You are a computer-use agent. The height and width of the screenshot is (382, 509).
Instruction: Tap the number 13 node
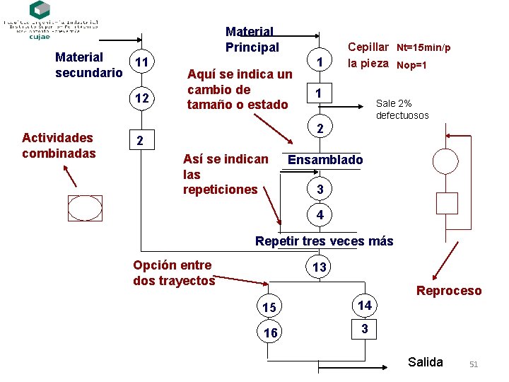tap(320, 267)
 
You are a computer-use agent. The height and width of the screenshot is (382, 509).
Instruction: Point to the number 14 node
tap(364, 306)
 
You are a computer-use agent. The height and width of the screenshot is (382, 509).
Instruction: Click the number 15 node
tap(269, 308)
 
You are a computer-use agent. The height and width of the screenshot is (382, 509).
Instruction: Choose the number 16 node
tap(269, 333)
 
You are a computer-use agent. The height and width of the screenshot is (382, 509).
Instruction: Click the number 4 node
tap(320, 214)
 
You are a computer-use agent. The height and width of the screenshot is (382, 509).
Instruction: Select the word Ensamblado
tap(325, 160)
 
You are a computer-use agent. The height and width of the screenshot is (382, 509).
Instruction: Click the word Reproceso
tap(449, 291)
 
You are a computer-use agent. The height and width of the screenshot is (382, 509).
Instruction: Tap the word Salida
tap(426, 362)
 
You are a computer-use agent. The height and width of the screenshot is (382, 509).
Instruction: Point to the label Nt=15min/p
tap(423, 48)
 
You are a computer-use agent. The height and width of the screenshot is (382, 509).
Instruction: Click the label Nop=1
tap(411, 65)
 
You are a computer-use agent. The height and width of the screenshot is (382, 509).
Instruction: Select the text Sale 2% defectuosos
tap(402, 109)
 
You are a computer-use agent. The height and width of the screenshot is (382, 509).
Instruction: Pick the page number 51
tap(474, 364)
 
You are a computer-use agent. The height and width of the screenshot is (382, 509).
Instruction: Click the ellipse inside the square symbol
tap(86, 209)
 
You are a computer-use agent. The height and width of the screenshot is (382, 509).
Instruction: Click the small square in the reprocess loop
tap(447, 203)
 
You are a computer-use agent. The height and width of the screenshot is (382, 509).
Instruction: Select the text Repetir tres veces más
tap(324, 241)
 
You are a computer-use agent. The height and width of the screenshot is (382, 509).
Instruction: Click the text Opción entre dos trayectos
tap(173, 272)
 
